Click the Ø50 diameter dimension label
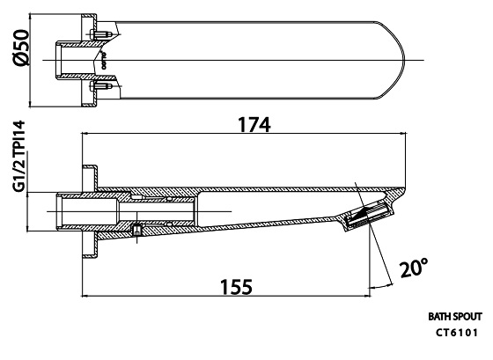click(22, 48)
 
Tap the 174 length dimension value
click(254, 125)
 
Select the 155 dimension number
click(237, 287)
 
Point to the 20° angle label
click(414, 268)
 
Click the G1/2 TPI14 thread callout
click(19, 156)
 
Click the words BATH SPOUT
click(455, 317)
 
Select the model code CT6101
click(457, 333)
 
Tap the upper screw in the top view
click(100, 33)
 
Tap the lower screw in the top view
click(100, 86)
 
